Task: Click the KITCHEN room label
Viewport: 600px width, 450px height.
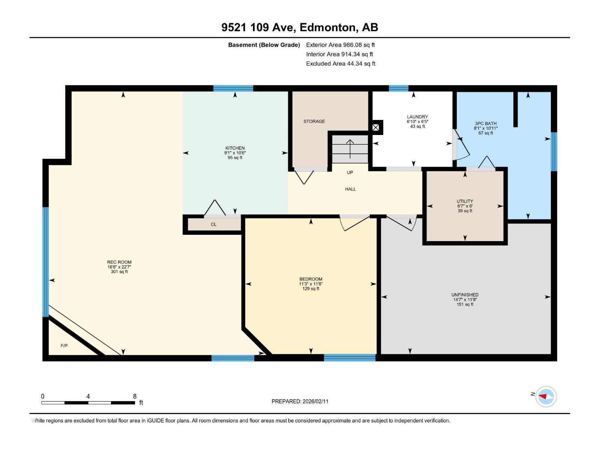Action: [235, 148]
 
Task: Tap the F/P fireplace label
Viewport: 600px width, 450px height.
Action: [64, 345]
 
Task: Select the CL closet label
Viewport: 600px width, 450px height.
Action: [213, 224]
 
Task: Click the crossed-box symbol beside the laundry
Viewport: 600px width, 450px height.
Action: [375, 127]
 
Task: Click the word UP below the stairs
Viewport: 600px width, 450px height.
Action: [350, 172]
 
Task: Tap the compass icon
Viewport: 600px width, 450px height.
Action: [546, 396]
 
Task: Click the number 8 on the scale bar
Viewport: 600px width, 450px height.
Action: [135, 396]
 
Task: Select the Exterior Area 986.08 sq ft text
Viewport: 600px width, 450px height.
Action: [340, 45]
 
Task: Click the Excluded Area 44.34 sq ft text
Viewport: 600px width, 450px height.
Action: [340, 64]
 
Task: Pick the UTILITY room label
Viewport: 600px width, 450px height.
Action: [465, 201]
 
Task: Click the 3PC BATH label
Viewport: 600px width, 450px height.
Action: [486, 123]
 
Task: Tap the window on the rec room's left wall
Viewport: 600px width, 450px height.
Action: [45, 262]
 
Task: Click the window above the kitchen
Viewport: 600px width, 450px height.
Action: [233, 88]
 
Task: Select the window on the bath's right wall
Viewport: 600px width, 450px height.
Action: [553, 151]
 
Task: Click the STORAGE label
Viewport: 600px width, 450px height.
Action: [314, 121]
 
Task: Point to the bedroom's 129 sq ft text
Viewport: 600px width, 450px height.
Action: [310, 289]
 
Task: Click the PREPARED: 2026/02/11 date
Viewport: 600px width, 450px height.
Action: [300, 401]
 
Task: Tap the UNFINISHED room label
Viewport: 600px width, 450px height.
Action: [465, 295]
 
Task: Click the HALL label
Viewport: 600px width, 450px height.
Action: [350, 189]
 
